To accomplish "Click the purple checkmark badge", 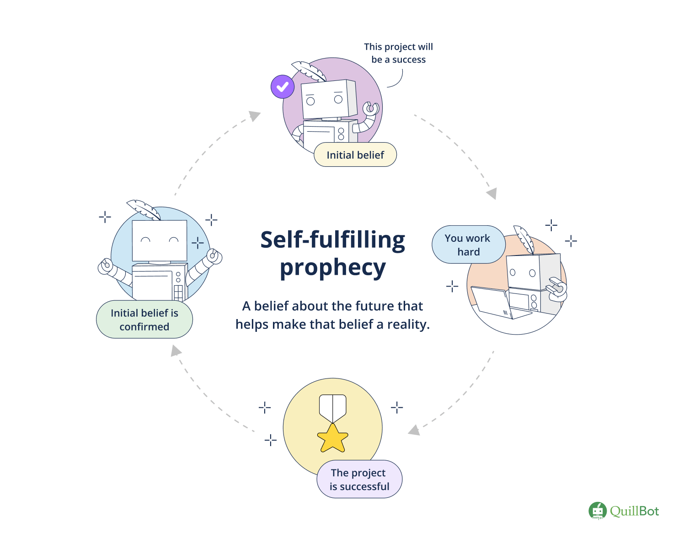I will pyautogui.click(x=283, y=86).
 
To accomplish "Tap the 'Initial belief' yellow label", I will pyautogui.click(x=355, y=155).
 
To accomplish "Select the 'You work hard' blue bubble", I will pyautogui.click(x=468, y=245).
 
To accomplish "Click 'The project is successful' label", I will pyautogui.click(x=359, y=479).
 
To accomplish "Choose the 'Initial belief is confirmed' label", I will pyautogui.click(x=144, y=320).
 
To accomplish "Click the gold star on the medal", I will pyautogui.click(x=333, y=439).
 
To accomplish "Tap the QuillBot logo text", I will pyautogui.click(x=634, y=511).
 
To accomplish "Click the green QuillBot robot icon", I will pyautogui.click(x=597, y=511).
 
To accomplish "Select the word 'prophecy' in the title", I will pyautogui.click(x=333, y=268).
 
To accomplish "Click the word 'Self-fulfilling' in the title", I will pyautogui.click(x=333, y=240).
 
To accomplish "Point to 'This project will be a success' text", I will pyautogui.click(x=398, y=53).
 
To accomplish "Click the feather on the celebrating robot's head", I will pyautogui.click(x=144, y=209).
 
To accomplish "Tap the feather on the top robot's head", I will pyautogui.click(x=309, y=71).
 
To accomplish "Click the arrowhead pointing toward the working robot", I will pyautogui.click(x=491, y=193).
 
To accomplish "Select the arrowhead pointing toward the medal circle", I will pyautogui.click(x=414, y=430).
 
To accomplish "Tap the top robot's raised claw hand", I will pyautogui.click(x=371, y=109).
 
